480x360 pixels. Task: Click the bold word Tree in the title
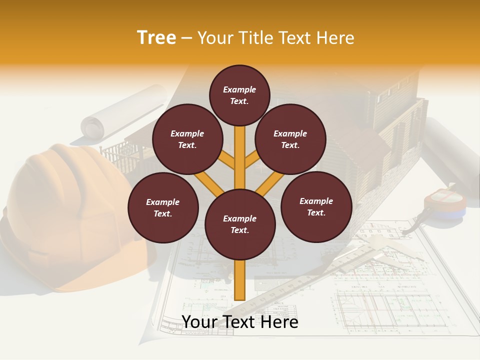pyautogui.click(x=156, y=38)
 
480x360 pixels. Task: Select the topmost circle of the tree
pyautogui.click(x=239, y=95)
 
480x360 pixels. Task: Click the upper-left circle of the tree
pyautogui.click(x=187, y=139)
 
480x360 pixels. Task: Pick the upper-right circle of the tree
pyautogui.click(x=290, y=139)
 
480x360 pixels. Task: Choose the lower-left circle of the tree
pyautogui.click(x=163, y=207)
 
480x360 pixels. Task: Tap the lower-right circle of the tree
pyautogui.click(x=316, y=206)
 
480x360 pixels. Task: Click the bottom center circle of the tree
pyautogui.click(x=240, y=224)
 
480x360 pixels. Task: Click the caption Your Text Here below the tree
pyautogui.click(x=240, y=322)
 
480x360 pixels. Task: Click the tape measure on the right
pyautogui.click(x=444, y=204)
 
